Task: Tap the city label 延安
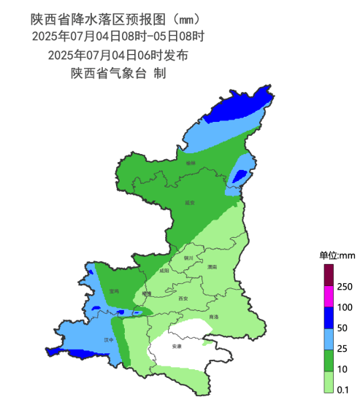click(x=190, y=202)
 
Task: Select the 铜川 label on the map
click(x=188, y=257)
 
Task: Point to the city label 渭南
click(x=212, y=268)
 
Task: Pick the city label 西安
click(x=183, y=298)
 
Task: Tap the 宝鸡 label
click(x=113, y=290)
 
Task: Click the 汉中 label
click(x=110, y=339)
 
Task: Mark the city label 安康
click(x=176, y=346)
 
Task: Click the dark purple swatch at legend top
click(x=329, y=275)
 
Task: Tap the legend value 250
click(x=345, y=285)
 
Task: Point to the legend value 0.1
click(x=345, y=389)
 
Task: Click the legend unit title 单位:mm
click(x=337, y=255)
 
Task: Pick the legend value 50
click(x=345, y=328)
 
